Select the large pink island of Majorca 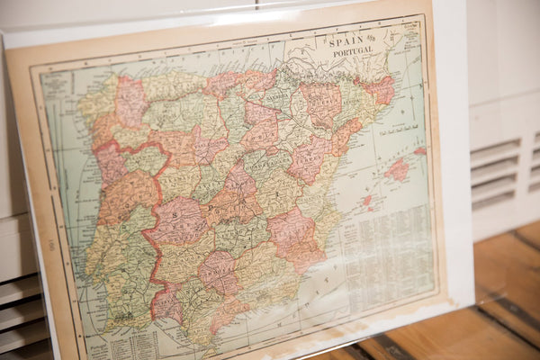[x=397, y=168]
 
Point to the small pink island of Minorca [x=420, y=150]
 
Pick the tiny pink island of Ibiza [x=367, y=200]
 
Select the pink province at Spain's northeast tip [x=379, y=90]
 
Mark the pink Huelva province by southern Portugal [x=166, y=301]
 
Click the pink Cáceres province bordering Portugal [x=176, y=221]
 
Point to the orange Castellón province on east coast [x=343, y=138]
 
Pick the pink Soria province [x=262, y=127]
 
